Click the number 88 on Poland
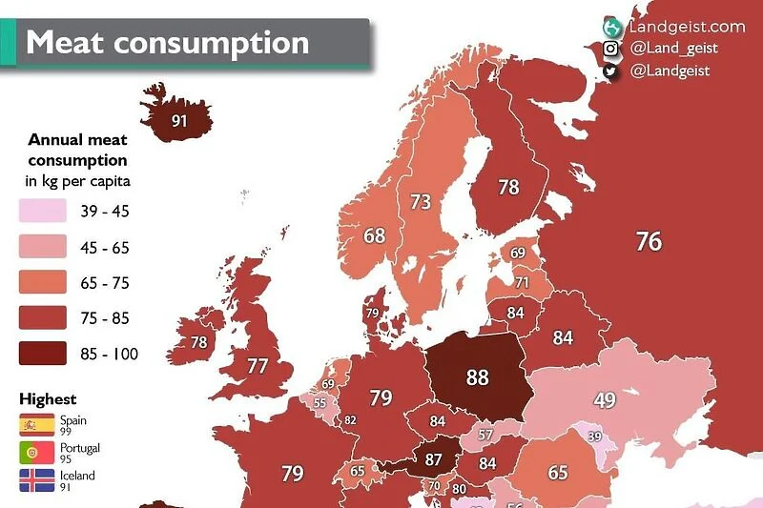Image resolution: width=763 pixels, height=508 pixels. pyautogui.click(x=477, y=377)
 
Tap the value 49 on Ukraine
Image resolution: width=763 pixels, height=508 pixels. pyautogui.click(x=605, y=400)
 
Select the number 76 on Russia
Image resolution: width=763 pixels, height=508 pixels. pyautogui.click(x=649, y=242)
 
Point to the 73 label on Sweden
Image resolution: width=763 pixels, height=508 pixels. pyautogui.click(x=421, y=202)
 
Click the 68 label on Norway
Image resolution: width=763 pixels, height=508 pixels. pyautogui.click(x=374, y=234)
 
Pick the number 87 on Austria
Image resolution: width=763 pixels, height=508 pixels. pyautogui.click(x=434, y=459)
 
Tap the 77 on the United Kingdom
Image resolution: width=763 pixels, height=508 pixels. pyautogui.click(x=258, y=366)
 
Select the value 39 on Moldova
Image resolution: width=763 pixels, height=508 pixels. pyautogui.click(x=595, y=437)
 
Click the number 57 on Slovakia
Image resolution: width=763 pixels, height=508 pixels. pyautogui.click(x=485, y=435)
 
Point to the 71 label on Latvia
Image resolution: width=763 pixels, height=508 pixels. pyautogui.click(x=522, y=283)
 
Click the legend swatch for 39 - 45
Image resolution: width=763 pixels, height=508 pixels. pyautogui.click(x=43, y=212)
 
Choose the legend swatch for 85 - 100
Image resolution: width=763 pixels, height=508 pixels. pyautogui.click(x=43, y=354)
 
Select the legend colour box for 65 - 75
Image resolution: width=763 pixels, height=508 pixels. pyautogui.click(x=43, y=283)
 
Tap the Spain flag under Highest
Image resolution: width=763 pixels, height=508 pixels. pyautogui.click(x=37, y=424)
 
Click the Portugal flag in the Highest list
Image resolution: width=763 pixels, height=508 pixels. pyautogui.click(x=37, y=453)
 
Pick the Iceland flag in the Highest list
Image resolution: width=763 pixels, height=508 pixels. pyautogui.click(x=37, y=480)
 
